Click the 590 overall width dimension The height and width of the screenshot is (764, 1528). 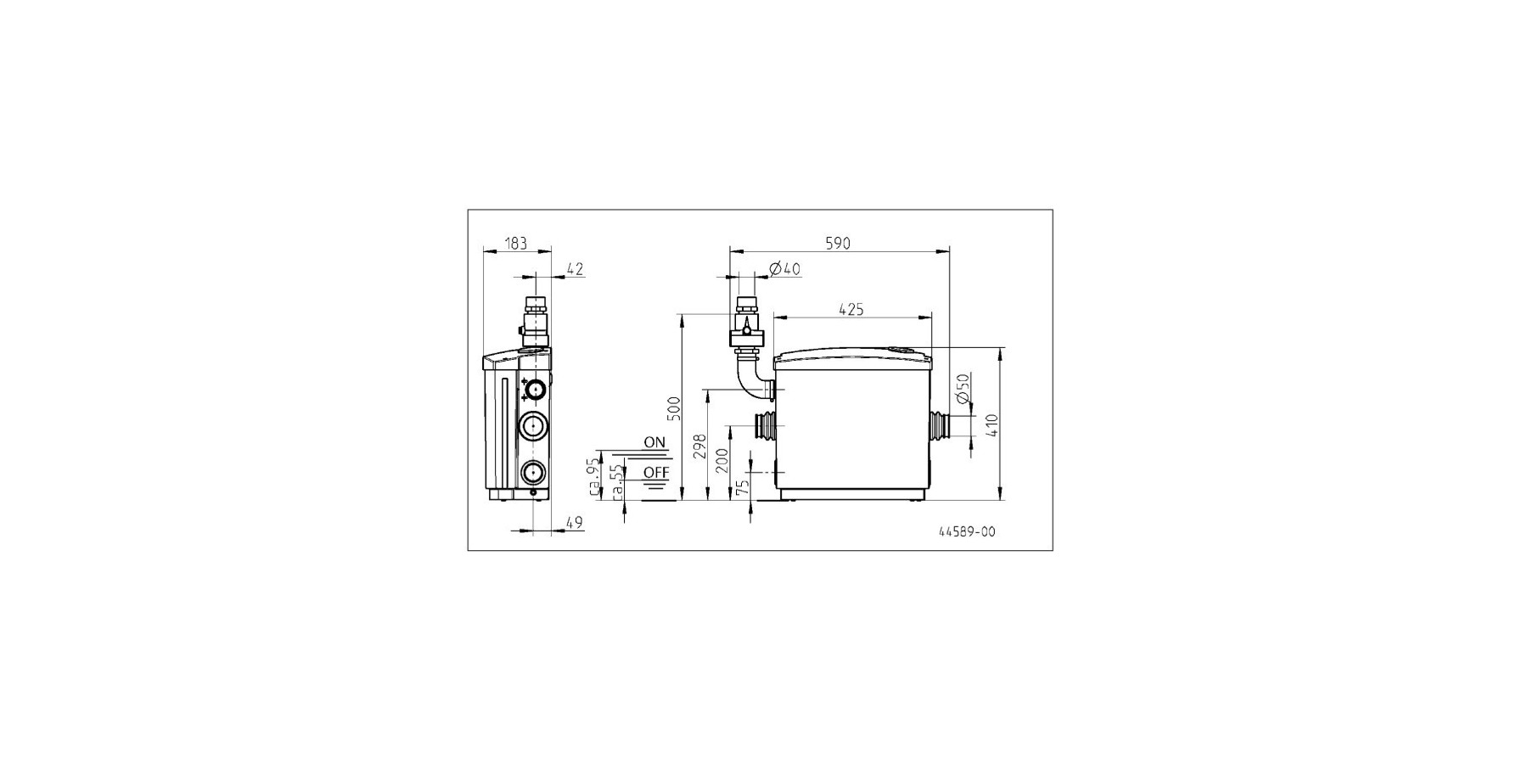[x=837, y=244]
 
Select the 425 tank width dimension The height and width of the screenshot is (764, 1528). [x=851, y=310]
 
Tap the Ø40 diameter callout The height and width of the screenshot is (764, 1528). [x=784, y=269]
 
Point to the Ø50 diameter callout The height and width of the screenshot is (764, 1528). [x=963, y=388]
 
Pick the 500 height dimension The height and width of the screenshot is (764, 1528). [x=674, y=409]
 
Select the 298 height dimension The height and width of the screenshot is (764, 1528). [x=700, y=446]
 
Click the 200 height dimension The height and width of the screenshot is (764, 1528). [x=722, y=460]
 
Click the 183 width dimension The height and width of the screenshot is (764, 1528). [x=516, y=244]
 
